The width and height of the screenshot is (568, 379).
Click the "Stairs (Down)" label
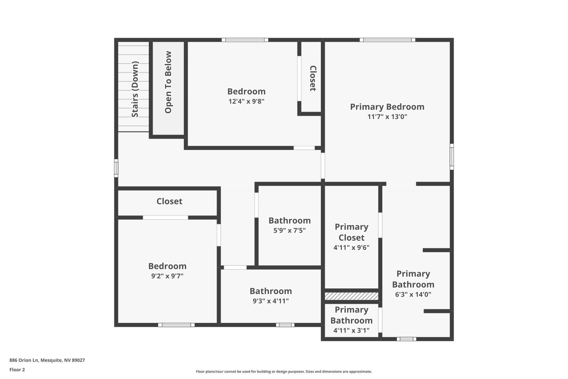pyautogui.click(x=135, y=90)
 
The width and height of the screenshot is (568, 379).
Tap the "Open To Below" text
pyautogui.click(x=168, y=82)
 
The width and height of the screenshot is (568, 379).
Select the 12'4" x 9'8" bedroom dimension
pyautogui.click(x=246, y=101)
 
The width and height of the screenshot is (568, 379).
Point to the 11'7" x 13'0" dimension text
pyautogui.click(x=387, y=117)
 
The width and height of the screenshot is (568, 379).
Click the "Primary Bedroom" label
pyautogui.click(x=387, y=107)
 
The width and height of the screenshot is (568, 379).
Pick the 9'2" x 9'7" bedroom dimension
pyautogui.click(x=167, y=276)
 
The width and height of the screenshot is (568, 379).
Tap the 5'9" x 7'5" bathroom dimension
pyautogui.click(x=289, y=230)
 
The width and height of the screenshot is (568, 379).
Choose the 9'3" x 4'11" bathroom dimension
pyautogui.click(x=271, y=301)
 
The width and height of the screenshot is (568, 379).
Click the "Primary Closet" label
pyautogui.click(x=351, y=232)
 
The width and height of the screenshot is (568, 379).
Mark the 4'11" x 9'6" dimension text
pyautogui.click(x=351, y=248)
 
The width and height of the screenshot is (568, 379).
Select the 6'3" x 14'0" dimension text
pyautogui.click(x=413, y=294)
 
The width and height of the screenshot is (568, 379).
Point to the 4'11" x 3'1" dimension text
pyautogui.click(x=351, y=331)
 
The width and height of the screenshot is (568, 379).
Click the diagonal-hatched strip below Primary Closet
pyautogui.click(x=351, y=296)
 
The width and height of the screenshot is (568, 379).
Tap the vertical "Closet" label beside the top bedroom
pyautogui.click(x=313, y=78)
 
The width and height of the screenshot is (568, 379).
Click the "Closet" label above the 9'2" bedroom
pyautogui.click(x=169, y=201)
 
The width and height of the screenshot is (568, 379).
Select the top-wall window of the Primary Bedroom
pyautogui.click(x=387, y=40)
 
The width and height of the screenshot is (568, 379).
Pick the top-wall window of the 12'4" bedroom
pyautogui.click(x=245, y=40)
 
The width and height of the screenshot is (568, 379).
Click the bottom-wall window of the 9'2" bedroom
pyautogui.click(x=176, y=325)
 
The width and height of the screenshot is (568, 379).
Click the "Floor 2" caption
pyautogui.click(x=17, y=370)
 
